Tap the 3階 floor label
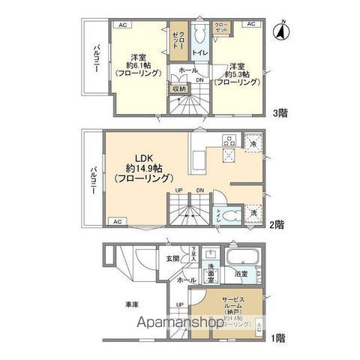tap(280, 113)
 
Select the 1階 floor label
tap(278, 338)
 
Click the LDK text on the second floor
tap(145, 158)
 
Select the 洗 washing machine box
tap(253, 212)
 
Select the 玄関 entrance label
tap(172, 259)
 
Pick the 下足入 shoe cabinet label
tap(193, 253)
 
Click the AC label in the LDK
tap(116, 222)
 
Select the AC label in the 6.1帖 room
tap(120, 25)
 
